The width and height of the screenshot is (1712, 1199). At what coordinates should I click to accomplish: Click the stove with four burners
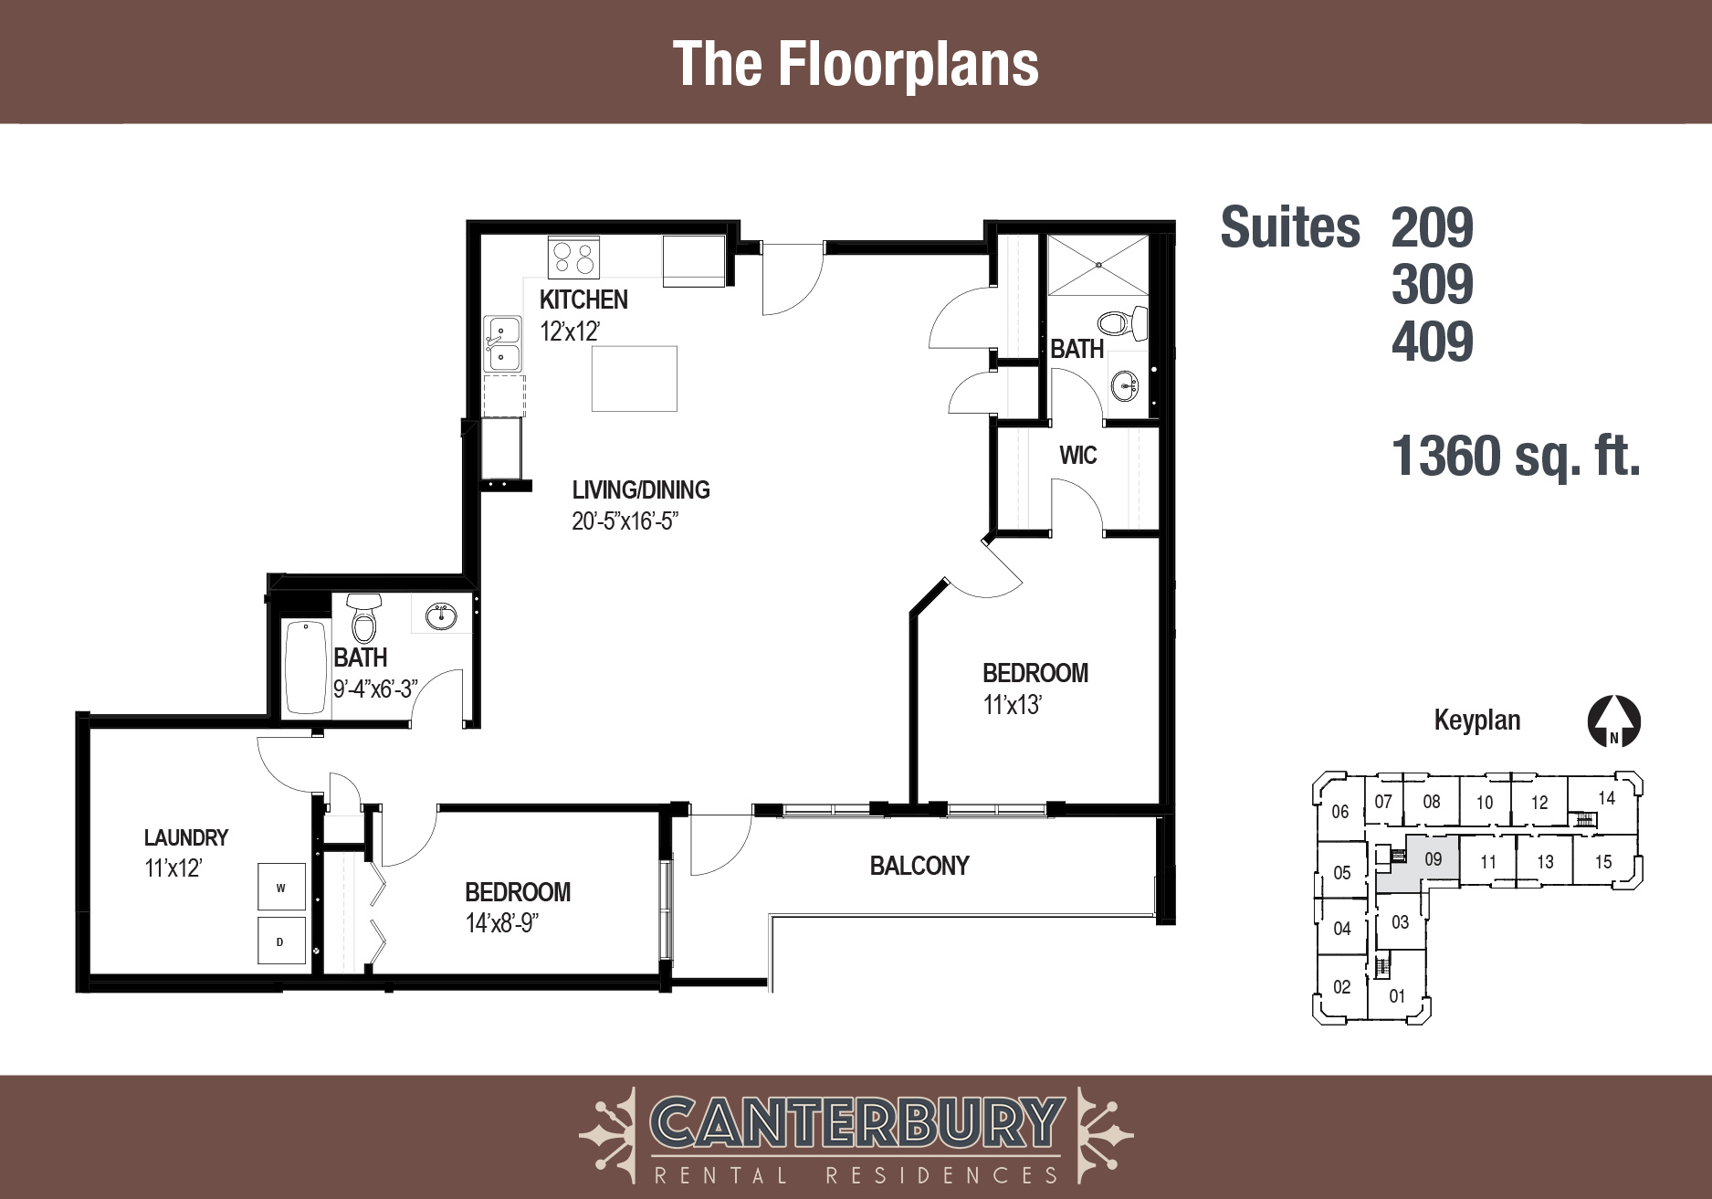[x=573, y=257]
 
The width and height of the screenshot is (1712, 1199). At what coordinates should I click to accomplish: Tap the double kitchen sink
[x=502, y=344]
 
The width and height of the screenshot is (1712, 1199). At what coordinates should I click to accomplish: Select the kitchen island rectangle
[x=635, y=378]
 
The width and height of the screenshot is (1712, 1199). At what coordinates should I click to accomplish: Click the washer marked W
[x=281, y=887]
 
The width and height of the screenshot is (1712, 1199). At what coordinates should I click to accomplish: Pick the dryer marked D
[x=281, y=941]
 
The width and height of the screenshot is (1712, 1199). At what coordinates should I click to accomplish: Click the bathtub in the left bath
[x=306, y=667]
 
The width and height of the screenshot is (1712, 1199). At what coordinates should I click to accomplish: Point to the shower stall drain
[x=1098, y=265]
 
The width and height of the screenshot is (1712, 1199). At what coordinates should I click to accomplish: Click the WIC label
[x=1078, y=455]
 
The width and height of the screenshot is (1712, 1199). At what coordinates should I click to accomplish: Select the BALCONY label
[x=919, y=866]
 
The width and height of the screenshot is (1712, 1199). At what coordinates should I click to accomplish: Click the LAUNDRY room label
[x=186, y=837]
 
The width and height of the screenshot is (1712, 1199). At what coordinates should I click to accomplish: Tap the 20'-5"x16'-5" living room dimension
[x=625, y=521]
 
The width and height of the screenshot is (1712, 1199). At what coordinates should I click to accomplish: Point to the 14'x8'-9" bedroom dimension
[x=502, y=923]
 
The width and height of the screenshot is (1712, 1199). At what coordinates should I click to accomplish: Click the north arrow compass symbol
[x=1614, y=722]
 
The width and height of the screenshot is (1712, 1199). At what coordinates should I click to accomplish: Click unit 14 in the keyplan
[x=1606, y=798]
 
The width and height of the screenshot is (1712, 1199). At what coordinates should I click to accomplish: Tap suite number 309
[x=1432, y=284]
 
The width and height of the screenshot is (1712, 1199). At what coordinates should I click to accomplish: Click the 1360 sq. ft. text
[x=1516, y=456]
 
